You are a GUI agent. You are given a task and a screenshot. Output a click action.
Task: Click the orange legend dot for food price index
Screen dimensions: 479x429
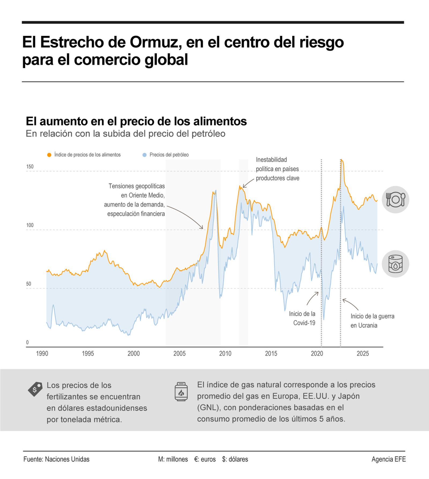point(49,155)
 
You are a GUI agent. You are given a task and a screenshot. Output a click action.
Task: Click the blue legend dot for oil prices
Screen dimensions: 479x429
point(145,155)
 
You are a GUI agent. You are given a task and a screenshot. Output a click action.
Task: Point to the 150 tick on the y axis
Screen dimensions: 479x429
point(30,167)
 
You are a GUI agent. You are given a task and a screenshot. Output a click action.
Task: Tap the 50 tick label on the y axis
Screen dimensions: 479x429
point(28,284)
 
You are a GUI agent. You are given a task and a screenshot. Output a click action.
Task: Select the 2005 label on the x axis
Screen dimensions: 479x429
point(179,353)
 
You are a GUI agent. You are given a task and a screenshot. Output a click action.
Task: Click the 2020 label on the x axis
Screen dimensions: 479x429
point(317,353)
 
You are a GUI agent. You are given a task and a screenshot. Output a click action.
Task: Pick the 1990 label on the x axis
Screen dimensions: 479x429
point(42,353)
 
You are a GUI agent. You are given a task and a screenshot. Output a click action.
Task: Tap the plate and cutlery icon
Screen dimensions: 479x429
point(395,200)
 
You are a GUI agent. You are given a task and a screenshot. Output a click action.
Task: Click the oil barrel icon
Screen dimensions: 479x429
point(395,264)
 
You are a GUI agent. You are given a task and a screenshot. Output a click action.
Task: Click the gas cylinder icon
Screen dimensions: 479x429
point(181,392)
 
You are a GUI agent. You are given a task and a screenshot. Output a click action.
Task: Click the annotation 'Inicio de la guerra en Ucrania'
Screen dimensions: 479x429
point(372,321)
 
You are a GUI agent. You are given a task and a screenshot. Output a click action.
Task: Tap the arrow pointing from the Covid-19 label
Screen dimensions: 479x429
point(312,298)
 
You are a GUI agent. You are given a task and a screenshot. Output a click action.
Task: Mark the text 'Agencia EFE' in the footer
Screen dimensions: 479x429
point(389,459)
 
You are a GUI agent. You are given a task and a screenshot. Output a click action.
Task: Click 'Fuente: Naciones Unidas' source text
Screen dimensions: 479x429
point(56,459)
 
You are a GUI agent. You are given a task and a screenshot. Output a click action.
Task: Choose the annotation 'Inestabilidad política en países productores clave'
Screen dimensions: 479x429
point(277,169)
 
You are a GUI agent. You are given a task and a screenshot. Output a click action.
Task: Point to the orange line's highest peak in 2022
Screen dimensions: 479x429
point(341,160)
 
